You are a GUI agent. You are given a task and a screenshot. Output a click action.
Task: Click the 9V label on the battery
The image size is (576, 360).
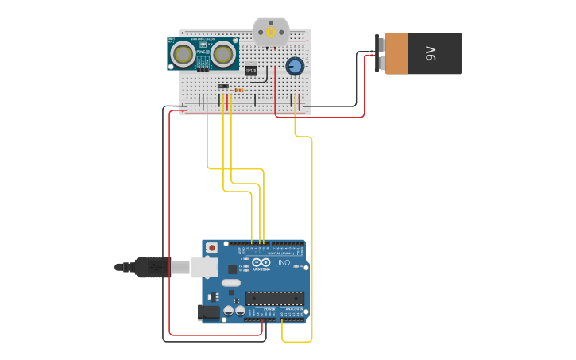point(431,53)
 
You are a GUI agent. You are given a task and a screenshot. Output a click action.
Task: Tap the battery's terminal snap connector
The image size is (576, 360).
point(381,54)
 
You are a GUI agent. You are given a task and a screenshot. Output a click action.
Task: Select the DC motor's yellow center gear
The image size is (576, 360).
point(271,33)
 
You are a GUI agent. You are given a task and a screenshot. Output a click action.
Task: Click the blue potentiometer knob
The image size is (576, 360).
point(294,66)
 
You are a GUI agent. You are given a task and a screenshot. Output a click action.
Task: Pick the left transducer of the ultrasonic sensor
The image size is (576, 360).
point(184,54)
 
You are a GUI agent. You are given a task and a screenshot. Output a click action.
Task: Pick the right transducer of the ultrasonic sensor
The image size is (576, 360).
point(222,54)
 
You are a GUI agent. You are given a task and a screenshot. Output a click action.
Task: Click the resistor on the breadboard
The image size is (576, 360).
point(239,91)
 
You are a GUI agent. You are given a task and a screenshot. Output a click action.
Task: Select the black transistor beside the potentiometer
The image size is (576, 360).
point(252,71)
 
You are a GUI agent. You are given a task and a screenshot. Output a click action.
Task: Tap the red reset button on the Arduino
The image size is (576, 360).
point(212,249)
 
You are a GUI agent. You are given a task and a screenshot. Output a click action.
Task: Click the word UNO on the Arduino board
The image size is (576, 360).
point(283,262)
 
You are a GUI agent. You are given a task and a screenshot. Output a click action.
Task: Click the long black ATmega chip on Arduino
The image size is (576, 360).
point(274,299)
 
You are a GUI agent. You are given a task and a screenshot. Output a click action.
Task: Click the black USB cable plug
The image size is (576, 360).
point(151,267)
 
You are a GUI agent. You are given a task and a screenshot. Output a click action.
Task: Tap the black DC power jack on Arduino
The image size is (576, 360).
point(209,312)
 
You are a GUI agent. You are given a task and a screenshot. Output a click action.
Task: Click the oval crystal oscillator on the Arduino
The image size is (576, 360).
point(231,282)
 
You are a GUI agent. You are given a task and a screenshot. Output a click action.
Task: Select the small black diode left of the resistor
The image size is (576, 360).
point(223,86)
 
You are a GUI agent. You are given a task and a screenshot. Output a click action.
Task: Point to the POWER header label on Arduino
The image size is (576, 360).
point(258,309)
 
